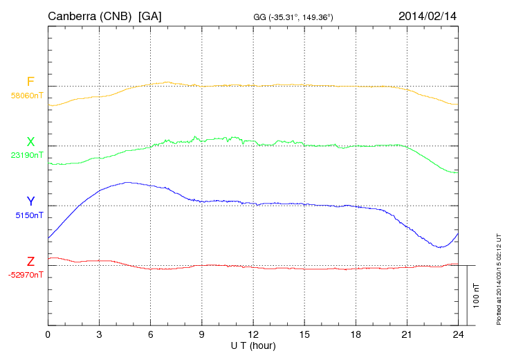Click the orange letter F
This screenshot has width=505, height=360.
pos(30,82)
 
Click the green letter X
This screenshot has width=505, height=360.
pos(30,142)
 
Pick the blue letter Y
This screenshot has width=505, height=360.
pos(30,201)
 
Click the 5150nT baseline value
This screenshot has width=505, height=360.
pos(29,215)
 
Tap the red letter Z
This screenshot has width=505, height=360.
pos(30,262)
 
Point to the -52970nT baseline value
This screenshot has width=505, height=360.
pos(26,275)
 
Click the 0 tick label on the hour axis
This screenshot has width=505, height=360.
pos(48,334)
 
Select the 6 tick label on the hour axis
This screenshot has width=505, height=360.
pos(151,334)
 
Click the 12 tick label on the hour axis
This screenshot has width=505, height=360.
pos(253,334)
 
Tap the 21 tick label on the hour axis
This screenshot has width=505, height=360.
pos(407,334)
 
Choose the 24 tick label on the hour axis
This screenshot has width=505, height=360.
pos(458,334)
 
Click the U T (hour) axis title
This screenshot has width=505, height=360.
pos(252,345)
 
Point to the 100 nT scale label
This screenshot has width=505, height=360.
pos(477,295)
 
